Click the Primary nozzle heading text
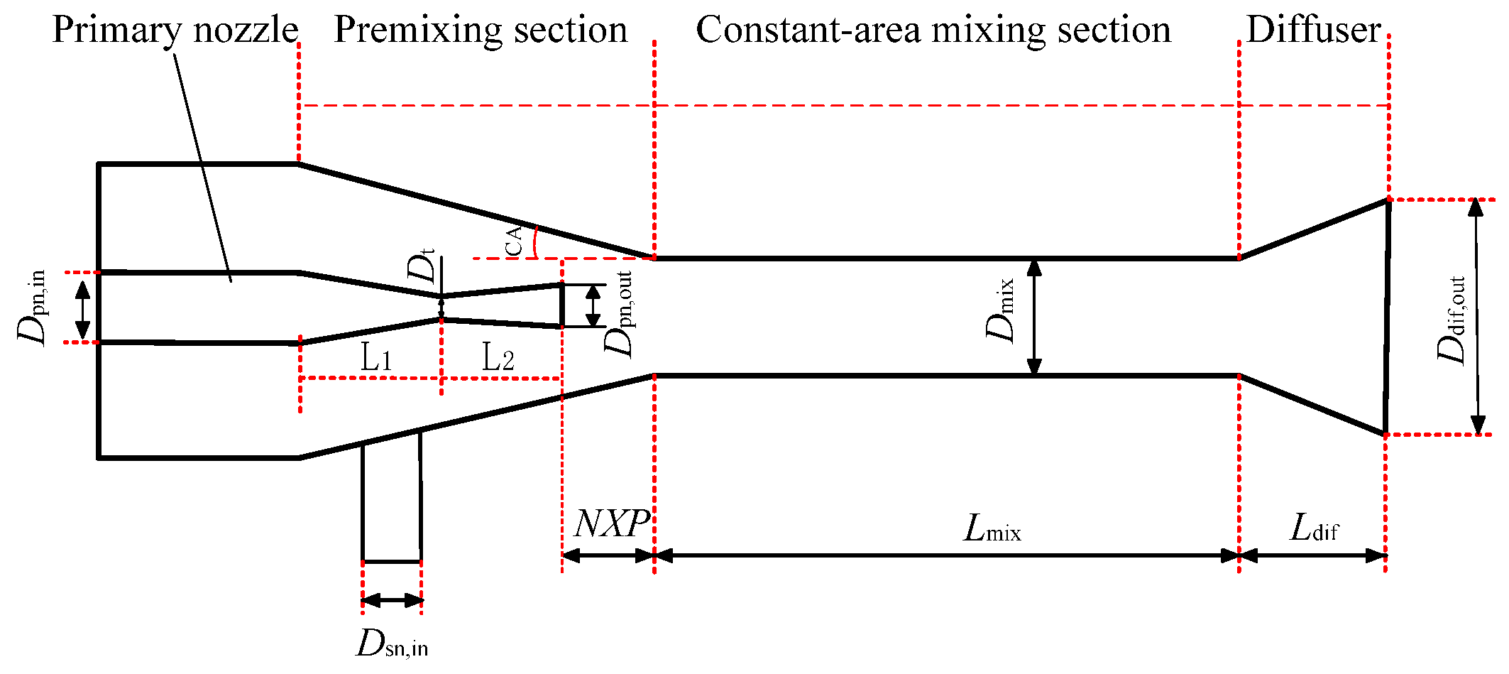pos(175,30)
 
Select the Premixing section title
pos(481,30)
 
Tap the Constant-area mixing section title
pos(933,30)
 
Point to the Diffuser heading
pos(1314,30)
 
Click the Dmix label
pos(1001,310)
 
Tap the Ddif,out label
pos(1451,320)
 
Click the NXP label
pos(610,524)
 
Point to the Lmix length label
pos(992,528)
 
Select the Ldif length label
pos(1314,528)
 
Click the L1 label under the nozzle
pos(375,357)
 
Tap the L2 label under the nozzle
pos(498,357)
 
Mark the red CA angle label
pos(514,240)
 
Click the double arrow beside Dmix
pos(1034,317)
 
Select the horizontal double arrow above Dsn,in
pos(392,601)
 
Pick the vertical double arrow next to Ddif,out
pos(1477,317)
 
